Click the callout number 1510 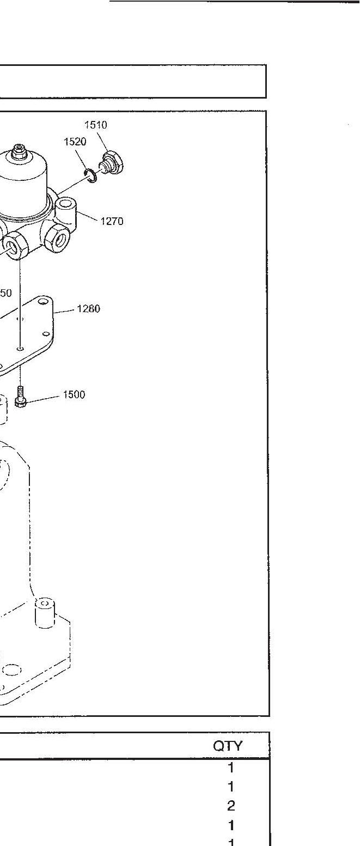pyautogui.click(x=95, y=125)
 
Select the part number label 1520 pyautogui.click(x=75, y=142)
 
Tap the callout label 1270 pyautogui.click(x=112, y=221)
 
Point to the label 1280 pyautogui.click(x=88, y=309)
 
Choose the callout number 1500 pyautogui.click(x=74, y=395)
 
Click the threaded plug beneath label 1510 pyautogui.click(x=113, y=162)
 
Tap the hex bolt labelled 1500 pyautogui.click(x=21, y=398)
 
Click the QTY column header pyautogui.click(x=228, y=746)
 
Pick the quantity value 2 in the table pyautogui.click(x=231, y=805)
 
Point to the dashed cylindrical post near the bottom pyautogui.click(x=46, y=613)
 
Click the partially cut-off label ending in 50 pyautogui.click(x=5, y=293)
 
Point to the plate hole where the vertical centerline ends pyautogui.click(x=20, y=348)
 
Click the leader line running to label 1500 pyautogui.click(x=44, y=398)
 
